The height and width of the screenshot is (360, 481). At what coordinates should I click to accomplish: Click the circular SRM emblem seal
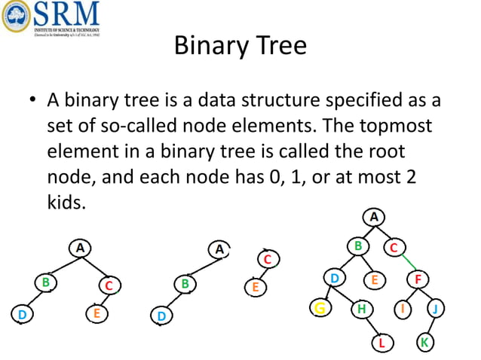16,16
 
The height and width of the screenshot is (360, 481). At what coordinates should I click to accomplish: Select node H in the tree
363,308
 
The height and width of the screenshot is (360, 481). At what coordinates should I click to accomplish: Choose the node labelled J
437,308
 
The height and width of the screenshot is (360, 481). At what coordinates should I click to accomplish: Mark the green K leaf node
425,343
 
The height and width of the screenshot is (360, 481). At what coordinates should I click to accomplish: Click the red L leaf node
383,343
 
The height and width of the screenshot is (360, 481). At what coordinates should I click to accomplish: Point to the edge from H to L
373,325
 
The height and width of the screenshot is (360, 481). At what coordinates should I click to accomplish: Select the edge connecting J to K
430,325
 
